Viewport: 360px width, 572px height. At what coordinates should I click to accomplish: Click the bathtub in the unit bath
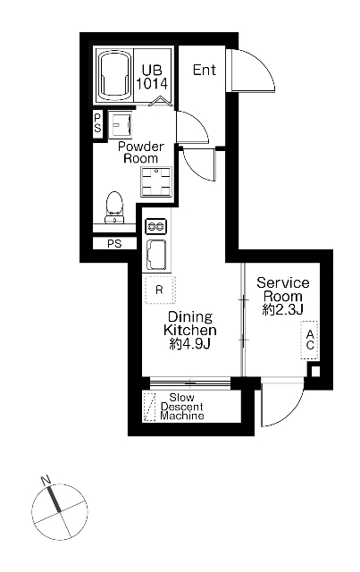click(114, 75)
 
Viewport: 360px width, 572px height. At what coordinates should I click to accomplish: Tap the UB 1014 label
click(152, 77)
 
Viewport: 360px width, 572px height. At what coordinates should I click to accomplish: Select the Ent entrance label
click(205, 70)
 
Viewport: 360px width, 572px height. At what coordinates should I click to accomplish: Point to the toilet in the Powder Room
click(114, 206)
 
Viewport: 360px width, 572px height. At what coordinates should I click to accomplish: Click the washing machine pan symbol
click(156, 181)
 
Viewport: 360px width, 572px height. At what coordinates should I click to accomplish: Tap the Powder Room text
click(140, 153)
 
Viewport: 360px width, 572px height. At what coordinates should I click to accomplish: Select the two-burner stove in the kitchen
click(156, 226)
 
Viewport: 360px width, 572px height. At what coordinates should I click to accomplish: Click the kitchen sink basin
click(156, 254)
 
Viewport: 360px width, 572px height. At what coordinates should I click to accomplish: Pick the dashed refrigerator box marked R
click(160, 290)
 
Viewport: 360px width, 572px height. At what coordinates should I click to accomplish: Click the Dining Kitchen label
click(190, 324)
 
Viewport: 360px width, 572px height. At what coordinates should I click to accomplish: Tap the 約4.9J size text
click(190, 344)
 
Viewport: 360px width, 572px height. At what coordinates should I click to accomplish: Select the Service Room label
click(282, 290)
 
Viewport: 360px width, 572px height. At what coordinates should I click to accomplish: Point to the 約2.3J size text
click(282, 310)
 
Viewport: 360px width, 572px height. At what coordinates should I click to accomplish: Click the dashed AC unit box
click(310, 340)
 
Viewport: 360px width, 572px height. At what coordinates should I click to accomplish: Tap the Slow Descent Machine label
click(182, 407)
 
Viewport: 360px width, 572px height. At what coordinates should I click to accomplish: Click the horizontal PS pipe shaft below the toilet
click(114, 243)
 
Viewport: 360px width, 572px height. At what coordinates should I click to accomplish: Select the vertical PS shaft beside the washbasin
click(97, 123)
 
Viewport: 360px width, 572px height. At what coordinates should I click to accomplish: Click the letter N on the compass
click(46, 480)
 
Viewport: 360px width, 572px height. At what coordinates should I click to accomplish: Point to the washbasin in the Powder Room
click(121, 125)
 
